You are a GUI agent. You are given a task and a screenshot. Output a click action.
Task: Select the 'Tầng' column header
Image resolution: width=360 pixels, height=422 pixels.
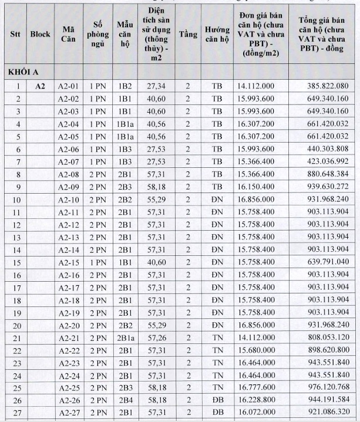pyautogui.click(x=188, y=34)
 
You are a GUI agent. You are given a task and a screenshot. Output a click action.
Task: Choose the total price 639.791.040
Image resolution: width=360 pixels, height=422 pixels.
pyautogui.click(x=328, y=262)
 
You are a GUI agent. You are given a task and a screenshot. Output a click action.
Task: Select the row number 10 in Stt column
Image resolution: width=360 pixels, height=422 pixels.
pyautogui.click(x=18, y=200)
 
